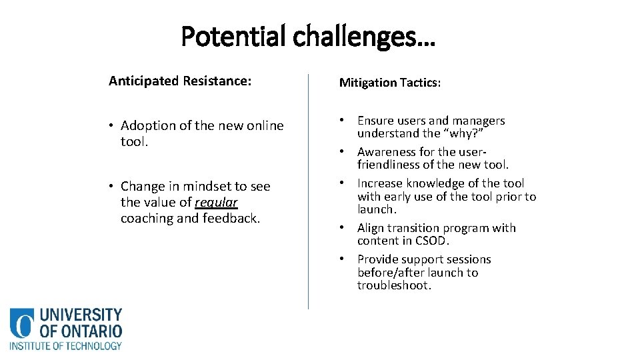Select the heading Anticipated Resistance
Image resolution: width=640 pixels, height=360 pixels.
click(180, 81)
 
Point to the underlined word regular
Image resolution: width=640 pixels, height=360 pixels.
click(216, 202)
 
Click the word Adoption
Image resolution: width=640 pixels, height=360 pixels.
click(149, 125)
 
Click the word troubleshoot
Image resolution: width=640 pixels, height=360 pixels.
click(394, 285)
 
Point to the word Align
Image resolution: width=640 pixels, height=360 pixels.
click(371, 228)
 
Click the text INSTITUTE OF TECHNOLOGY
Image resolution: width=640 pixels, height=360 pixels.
click(65, 346)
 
